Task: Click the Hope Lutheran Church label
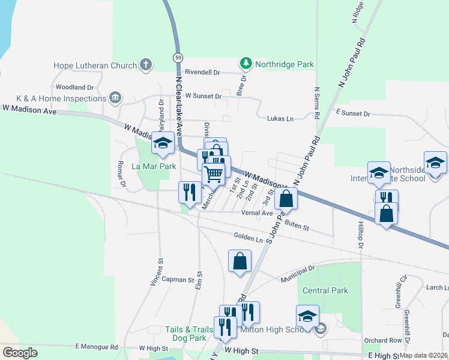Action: pos(95,65)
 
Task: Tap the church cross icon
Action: pos(145,65)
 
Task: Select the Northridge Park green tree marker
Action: pos(245,63)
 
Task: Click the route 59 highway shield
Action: pos(178,58)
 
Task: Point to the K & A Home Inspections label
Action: pos(61,98)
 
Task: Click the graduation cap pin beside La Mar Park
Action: pos(163,143)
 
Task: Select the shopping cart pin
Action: pos(213,174)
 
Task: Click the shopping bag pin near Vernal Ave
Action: pos(287,199)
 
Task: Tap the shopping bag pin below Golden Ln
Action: pos(240,261)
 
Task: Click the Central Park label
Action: pos(325,290)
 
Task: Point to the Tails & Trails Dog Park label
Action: pos(189,329)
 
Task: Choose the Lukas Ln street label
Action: pos(280,119)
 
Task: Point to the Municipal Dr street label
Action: pos(298,274)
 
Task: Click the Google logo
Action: pos(20,353)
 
